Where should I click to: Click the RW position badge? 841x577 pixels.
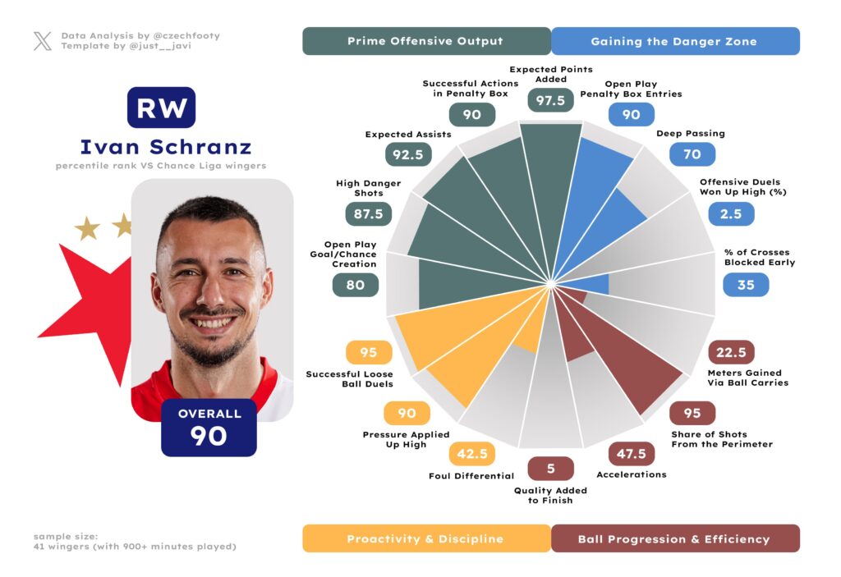[x=161, y=108]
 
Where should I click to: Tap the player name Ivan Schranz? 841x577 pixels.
[x=165, y=147]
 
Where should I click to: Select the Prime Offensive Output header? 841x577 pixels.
[x=425, y=41]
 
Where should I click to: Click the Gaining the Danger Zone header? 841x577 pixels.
[x=674, y=41]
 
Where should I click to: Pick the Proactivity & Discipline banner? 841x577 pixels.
[x=425, y=539]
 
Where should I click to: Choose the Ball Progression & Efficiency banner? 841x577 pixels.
[x=674, y=539]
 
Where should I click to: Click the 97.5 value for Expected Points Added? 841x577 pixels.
[x=550, y=100]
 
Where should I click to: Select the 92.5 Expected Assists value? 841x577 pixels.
[x=407, y=154]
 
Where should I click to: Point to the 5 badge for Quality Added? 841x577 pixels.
[x=551, y=469]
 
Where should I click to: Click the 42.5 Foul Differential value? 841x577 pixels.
[x=471, y=453]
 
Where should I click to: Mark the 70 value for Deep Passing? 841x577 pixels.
[x=692, y=153]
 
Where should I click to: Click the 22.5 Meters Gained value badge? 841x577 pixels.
[x=731, y=353]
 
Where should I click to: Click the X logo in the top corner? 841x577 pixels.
[x=43, y=41]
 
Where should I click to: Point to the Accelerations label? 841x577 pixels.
[x=632, y=474]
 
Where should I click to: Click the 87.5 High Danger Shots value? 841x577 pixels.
[x=367, y=214]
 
